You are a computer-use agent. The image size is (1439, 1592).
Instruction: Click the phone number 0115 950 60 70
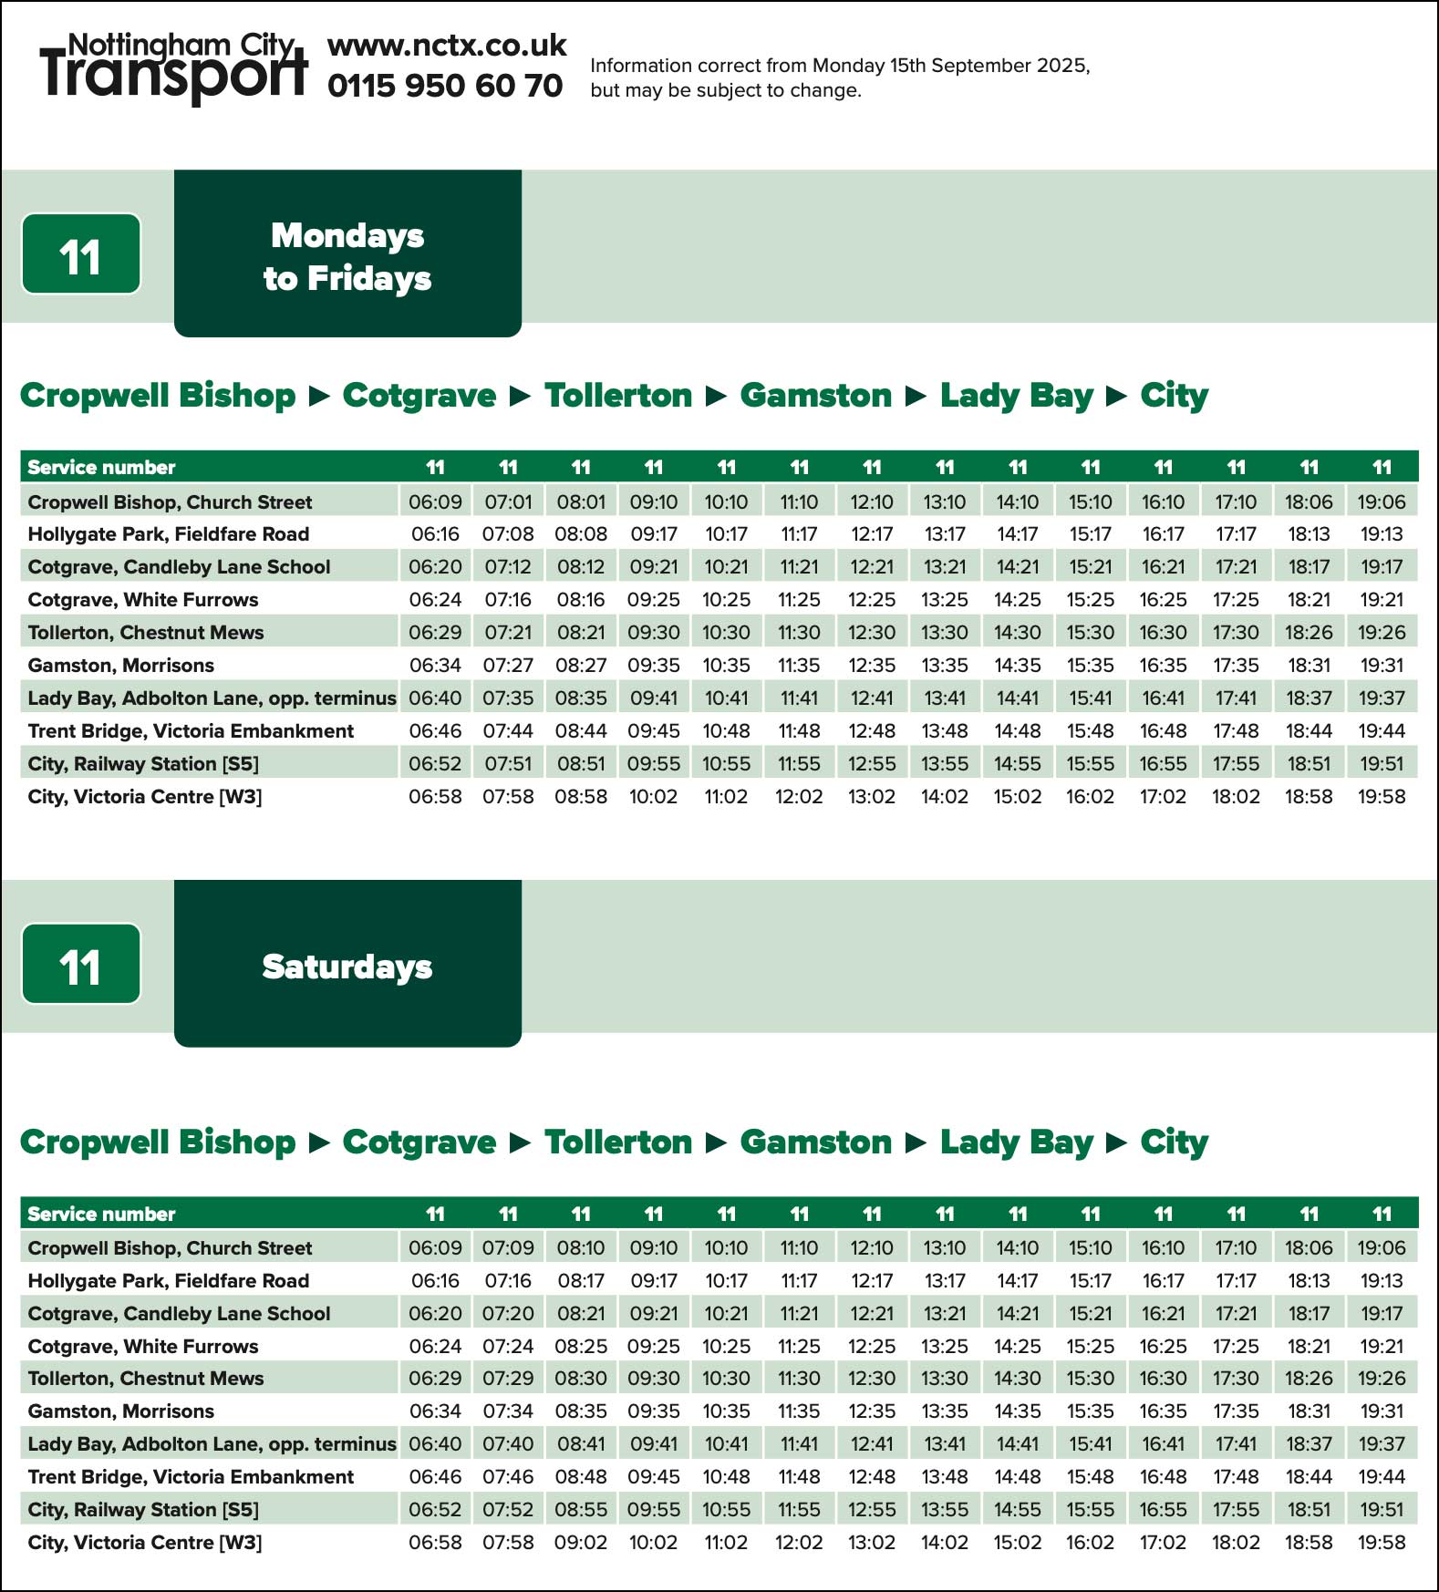(x=445, y=86)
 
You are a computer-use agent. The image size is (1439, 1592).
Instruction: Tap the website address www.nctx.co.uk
(x=447, y=46)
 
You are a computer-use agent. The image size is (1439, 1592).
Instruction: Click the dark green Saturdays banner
(x=347, y=964)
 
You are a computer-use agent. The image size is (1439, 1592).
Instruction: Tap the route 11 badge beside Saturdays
(x=81, y=965)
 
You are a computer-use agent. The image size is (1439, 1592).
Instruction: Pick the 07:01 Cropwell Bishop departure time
(x=508, y=501)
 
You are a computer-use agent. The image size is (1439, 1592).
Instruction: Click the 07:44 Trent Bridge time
(x=508, y=731)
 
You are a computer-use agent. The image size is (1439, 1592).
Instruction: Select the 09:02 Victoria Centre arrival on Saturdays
(x=581, y=1543)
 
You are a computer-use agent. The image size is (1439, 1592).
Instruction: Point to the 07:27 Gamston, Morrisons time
(x=508, y=666)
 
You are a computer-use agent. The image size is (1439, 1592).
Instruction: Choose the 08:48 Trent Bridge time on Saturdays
(x=581, y=1477)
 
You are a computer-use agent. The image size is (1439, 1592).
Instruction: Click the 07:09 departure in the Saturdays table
(x=508, y=1247)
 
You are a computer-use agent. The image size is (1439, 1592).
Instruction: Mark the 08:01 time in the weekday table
(x=581, y=501)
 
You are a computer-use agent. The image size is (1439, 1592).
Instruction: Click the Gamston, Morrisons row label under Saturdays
(x=121, y=1411)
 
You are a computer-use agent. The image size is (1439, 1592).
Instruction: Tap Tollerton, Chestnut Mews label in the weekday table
(x=146, y=633)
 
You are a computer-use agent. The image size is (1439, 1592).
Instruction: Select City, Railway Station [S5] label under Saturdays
(x=143, y=1510)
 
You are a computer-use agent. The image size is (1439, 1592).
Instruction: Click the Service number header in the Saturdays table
(x=101, y=1215)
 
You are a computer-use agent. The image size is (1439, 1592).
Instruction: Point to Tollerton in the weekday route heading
(x=618, y=396)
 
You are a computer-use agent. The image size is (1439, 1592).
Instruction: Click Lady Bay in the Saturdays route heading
(x=1016, y=1142)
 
